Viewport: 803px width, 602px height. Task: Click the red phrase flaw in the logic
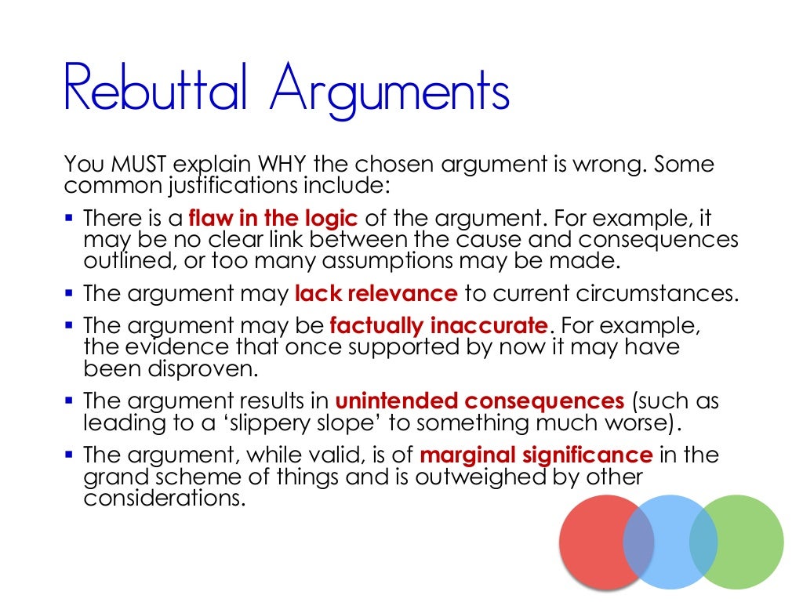[273, 218]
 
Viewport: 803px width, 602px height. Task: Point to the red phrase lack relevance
[376, 295]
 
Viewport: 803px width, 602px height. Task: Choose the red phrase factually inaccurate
[439, 325]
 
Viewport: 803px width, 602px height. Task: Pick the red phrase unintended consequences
[480, 401]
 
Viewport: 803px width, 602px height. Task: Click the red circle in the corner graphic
[596, 541]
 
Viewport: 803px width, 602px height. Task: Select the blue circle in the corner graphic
[671, 541]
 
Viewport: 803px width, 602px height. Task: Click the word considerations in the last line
[160, 498]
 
